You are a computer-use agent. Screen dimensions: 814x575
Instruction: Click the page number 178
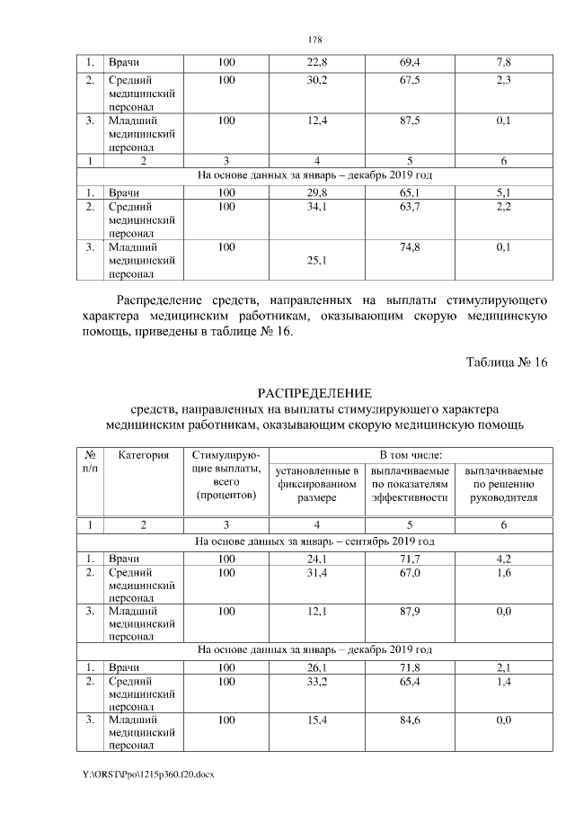tap(314, 40)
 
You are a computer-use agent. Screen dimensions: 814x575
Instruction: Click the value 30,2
tap(317, 80)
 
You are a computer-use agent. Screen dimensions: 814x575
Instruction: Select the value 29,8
tap(317, 192)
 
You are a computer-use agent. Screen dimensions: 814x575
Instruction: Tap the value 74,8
tap(411, 247)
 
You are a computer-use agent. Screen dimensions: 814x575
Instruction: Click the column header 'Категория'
tap(144, 456)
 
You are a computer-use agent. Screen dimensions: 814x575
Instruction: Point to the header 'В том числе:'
tap(411, 456)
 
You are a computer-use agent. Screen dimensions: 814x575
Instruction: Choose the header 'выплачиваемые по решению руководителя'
tap(503, 486)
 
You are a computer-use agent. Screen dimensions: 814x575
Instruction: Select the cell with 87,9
tap(411, 612)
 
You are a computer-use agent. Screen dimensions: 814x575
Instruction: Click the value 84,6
tap(411, 720)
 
